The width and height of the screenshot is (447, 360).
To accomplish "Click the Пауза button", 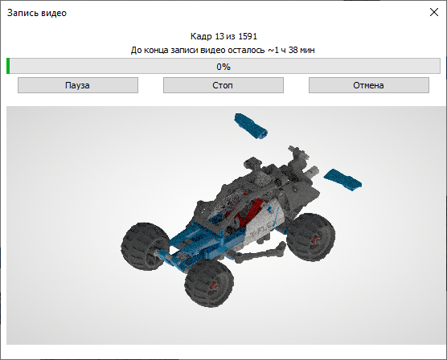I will (x=78, y=84).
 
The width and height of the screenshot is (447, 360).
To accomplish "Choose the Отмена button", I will (x=368, y=84).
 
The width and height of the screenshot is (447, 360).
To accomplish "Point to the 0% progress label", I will (x=223, y=67).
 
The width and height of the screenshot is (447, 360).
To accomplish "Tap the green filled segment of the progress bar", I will (x=8, y=67).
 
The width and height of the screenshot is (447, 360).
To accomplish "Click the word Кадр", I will (x=201, y=37).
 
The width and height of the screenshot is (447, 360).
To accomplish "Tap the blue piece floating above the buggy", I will (x=252, y=125).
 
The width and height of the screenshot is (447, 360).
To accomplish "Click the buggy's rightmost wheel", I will (x=309, y=234).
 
